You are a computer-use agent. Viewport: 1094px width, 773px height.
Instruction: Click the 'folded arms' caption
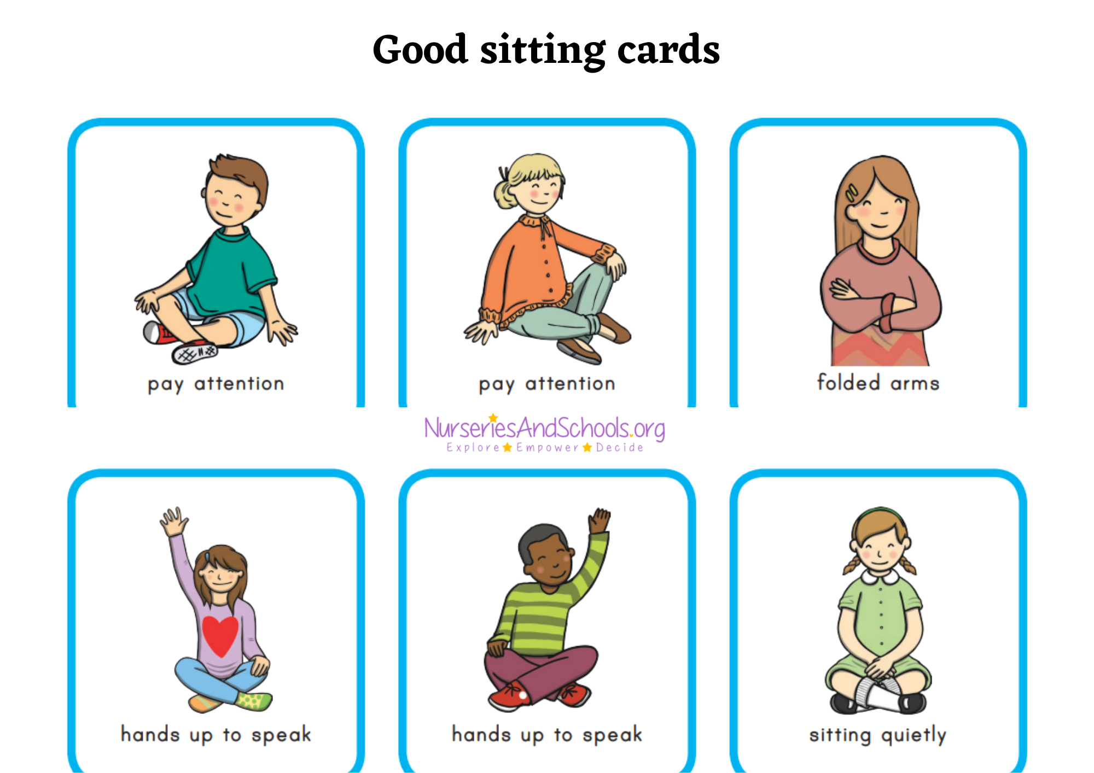click(878, 383)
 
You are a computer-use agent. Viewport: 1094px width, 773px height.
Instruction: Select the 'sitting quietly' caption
click(878, 735)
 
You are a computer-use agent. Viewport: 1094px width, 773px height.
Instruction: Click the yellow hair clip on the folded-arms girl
click(852, 193)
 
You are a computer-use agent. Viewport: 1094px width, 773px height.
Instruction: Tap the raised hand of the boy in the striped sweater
click(600, 520)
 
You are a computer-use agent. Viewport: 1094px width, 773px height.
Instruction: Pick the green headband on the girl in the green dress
click(880, 512)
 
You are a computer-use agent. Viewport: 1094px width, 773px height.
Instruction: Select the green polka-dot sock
click(254, 700)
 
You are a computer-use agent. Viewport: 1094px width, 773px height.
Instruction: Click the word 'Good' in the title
click(420, 50)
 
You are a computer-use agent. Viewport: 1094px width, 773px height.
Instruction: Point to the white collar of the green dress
click(880, 576)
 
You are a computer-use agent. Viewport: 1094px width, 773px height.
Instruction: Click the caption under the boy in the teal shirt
click(216, 384)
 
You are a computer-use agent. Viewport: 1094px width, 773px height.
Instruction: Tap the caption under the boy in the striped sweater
click(547, 735)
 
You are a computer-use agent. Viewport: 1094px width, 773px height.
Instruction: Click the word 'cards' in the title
click(668, 50)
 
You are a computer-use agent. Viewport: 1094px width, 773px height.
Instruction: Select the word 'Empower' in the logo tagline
click(547, 448)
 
